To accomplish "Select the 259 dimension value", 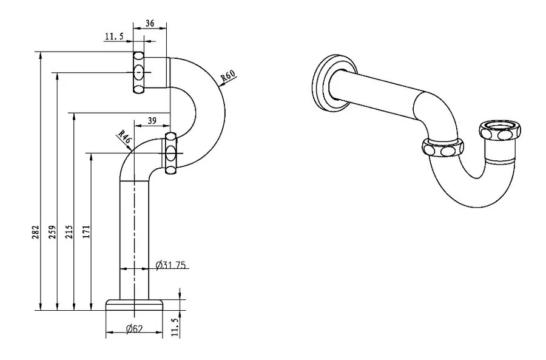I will [x=53, y=233].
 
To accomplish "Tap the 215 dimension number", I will [x=70, y=232].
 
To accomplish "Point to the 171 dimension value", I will [x=87, y=232].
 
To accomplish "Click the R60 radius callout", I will [x=228, y=76].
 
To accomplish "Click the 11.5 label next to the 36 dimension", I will [x=114, y=37].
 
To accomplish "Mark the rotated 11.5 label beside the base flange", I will [x=175, y=326].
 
